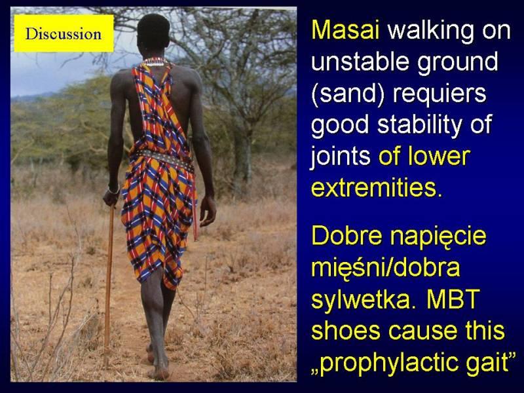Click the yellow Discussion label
(64, 33)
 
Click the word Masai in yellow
(346, 30)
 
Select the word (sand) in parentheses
(348, 94)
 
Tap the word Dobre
(347, 235)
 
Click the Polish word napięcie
(438, 237)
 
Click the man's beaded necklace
(155, 62)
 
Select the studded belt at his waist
(164, 159)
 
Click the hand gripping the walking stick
(111, 197)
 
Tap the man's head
(154, 33)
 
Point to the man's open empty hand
(208, 211)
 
